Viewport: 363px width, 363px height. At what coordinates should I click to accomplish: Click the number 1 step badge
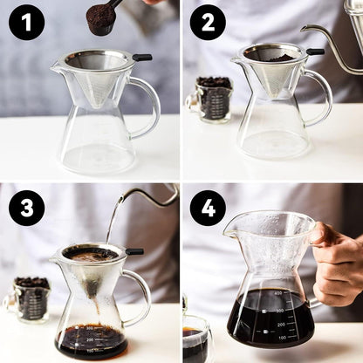pos(26,22)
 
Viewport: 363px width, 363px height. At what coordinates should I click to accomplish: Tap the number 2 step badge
pos(208,22)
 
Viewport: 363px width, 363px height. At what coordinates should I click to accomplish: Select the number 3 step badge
pos(26,208)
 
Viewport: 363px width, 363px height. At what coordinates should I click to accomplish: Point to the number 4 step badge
pos(208,208)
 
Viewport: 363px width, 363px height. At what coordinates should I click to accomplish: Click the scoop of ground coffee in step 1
pos(102,17)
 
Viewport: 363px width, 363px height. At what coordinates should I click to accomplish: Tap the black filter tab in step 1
pos(141,58)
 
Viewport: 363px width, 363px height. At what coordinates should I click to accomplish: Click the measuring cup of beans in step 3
pos(31,297)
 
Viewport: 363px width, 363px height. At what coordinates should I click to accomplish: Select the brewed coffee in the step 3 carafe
pos(92,339)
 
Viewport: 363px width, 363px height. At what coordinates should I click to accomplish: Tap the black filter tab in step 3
pos(134,251)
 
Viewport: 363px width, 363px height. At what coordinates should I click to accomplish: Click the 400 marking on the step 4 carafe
pos(277,294)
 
